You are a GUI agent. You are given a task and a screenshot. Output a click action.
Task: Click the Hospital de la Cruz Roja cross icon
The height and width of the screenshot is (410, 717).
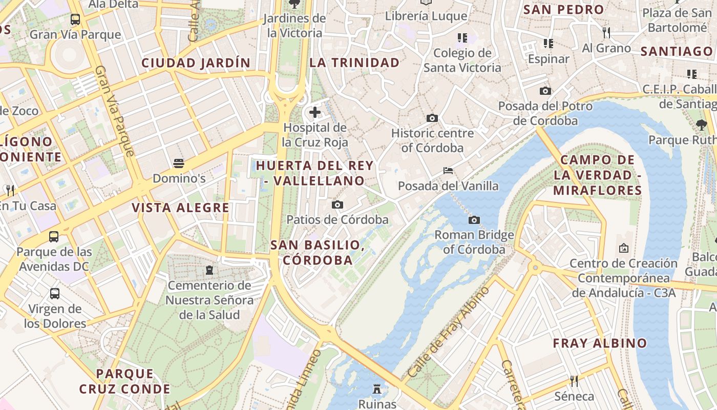[315, 112]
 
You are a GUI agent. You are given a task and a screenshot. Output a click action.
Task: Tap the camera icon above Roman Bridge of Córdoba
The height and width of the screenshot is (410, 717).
[474, 220]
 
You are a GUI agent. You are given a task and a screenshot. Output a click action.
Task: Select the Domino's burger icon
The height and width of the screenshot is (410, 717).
[179, 163]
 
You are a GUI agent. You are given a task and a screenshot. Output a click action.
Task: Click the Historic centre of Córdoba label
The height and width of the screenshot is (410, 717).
[432, 140]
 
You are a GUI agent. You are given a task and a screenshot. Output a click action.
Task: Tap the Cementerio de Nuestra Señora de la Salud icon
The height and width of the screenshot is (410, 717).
[209, 270]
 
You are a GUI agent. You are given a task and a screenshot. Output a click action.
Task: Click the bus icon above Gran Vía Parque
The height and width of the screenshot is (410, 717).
[75, 19]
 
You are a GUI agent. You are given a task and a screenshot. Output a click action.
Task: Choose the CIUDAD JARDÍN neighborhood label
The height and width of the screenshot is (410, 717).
[196, 63]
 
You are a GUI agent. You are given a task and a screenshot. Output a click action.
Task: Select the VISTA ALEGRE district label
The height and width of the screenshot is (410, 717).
[181, 208]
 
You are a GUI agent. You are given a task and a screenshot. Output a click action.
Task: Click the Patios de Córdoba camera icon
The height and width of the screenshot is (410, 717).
[337, 205]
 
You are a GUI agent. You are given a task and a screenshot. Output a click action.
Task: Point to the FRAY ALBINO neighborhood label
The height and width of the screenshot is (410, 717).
[600, 343]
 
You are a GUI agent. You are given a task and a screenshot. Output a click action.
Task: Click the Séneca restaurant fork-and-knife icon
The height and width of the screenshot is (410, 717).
[574, 381]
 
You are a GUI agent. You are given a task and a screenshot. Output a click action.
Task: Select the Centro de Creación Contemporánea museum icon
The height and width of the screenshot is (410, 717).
[624, 248]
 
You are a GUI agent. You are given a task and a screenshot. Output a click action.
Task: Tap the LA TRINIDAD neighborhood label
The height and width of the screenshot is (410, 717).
[354, 63]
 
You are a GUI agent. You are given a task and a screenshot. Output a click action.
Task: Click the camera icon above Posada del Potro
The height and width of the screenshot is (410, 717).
[545, 91]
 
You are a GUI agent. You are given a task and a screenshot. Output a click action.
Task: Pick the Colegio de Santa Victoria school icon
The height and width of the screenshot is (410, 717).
[462, 38]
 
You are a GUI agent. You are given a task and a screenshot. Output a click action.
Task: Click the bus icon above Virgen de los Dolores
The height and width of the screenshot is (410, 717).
[55, 294]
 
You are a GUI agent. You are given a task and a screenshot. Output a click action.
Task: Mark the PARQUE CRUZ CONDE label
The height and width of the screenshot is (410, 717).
[125, 381]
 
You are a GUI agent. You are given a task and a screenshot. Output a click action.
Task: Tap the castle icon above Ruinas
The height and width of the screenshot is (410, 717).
[377, 388]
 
